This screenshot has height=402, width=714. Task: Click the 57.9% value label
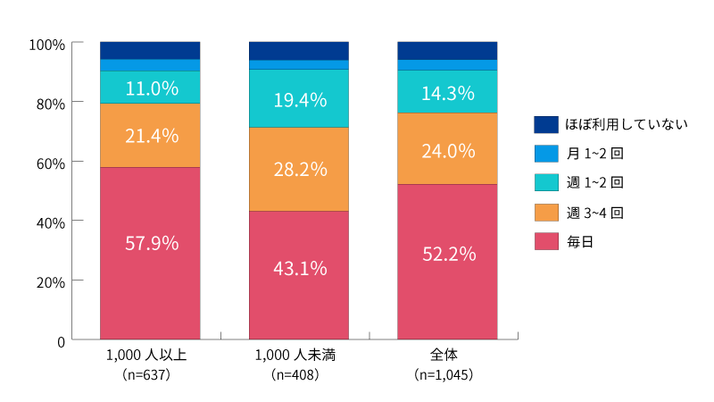pyautogui.click(x=150, y=242)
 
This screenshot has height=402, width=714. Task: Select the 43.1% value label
pyautogui.click(x=299, y=267)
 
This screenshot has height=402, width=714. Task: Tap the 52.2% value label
pyautogui.click(x=447, y=254)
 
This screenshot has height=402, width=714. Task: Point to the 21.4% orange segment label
pyautogui.click(x=150, y=136)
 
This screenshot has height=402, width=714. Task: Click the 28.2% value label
pyautogui.click(x=299, y=169)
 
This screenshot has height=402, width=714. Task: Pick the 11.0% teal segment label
pyautogui.click(x=150, y=88)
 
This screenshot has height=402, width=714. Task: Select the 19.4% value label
pyautogui.click(x=299, y=100)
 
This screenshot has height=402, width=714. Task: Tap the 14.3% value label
pyautogui.click(x=447, y=92)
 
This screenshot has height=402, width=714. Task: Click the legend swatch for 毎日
pyautogui.click(x=545, y=241)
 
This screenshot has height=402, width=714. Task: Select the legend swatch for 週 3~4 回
pyautogui.click(x=545, y=212)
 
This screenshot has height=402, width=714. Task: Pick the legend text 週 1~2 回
pyautogui.click(x=594, y=182)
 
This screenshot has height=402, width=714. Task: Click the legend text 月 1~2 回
pyautogui.click(x=594, y=154)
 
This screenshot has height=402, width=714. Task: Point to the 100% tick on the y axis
pyautogui.click(x=46, y=44)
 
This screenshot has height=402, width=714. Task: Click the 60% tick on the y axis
pyautogui.click(x=50, y=163)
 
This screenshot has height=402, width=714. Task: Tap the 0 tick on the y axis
pyautogui.click(x=61, y=340)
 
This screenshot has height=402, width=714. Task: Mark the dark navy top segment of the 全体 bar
pyautogui.click(x=447, y=50)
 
